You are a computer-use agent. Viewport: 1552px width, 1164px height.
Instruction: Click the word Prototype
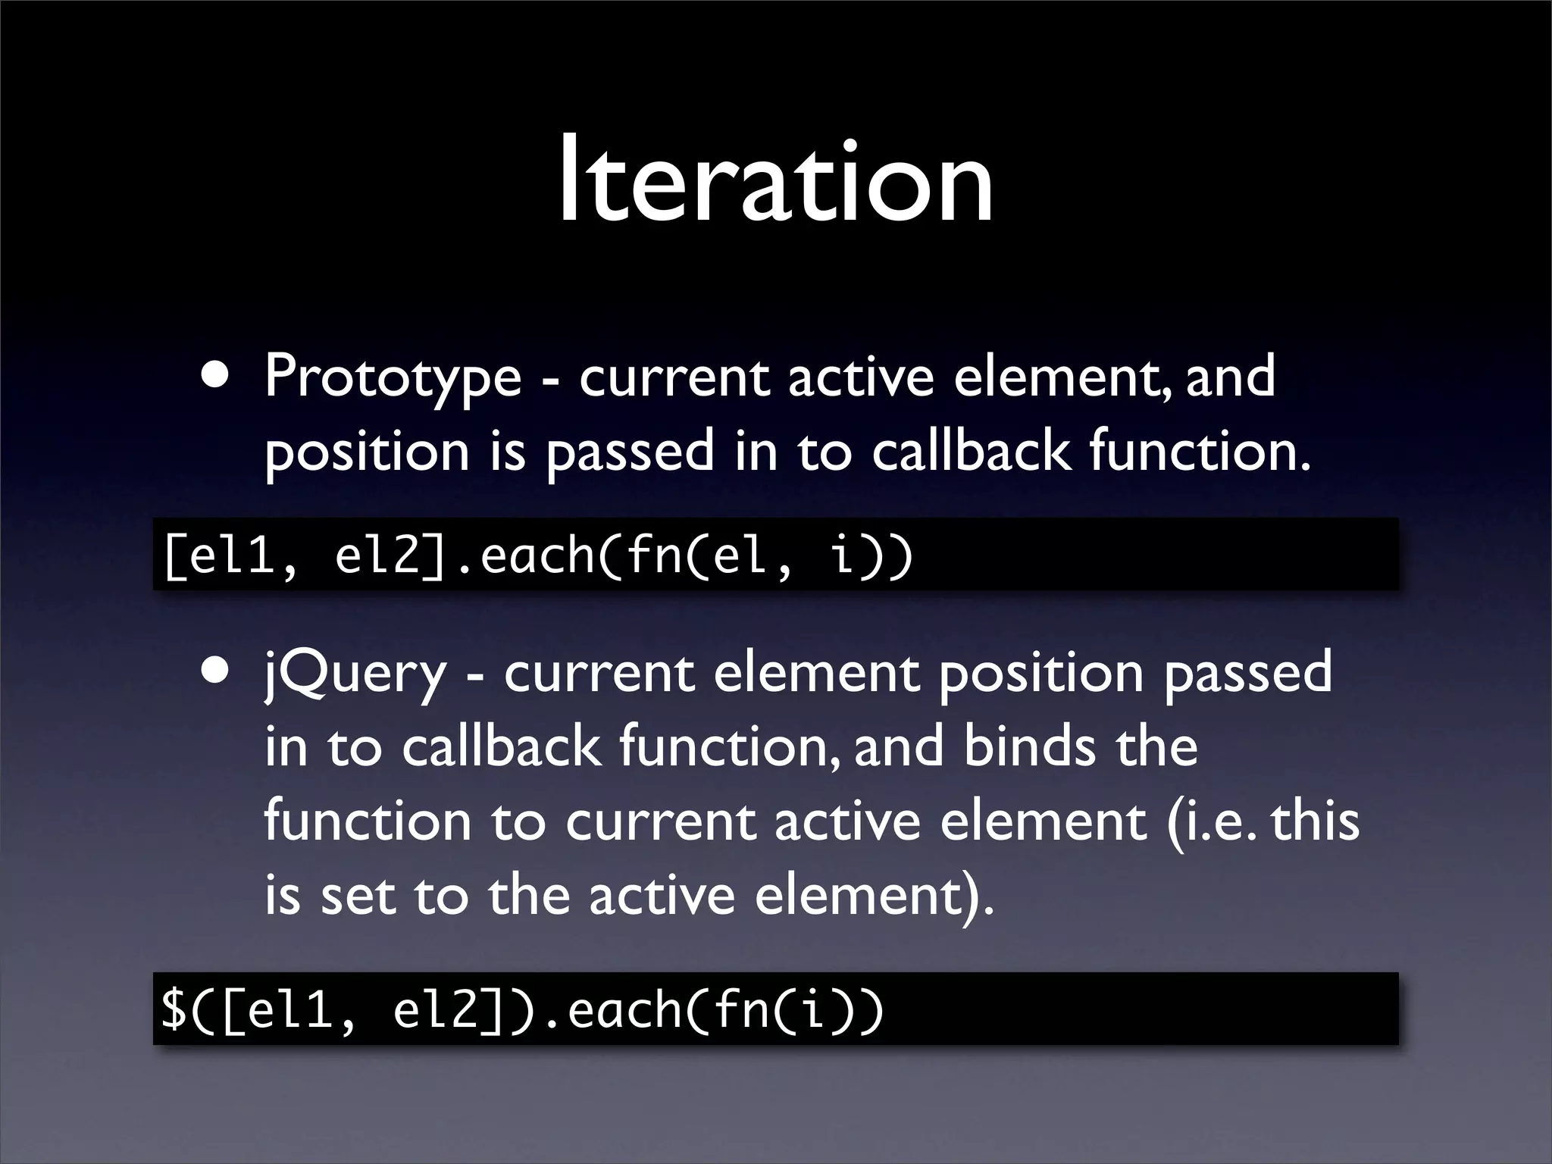pyautogui.click(x=393, y=377)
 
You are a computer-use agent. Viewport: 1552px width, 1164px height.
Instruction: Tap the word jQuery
pyautogui.click(x=355, y=674)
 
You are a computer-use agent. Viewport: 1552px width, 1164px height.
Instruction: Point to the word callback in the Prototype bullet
pyautogui.click(x=971, y=450)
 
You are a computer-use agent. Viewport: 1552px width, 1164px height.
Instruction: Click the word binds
pyautogui.click(x=1029, y=746)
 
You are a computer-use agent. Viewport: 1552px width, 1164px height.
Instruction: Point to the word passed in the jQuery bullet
pyautogui.click(x=1247, y=674)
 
